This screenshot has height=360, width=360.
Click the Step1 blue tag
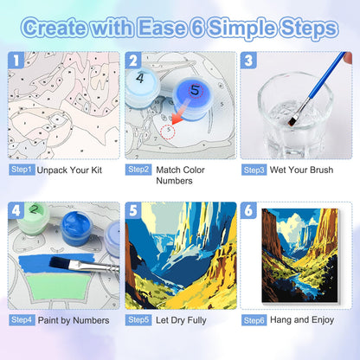pos(22,170)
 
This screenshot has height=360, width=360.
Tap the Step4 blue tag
pos(22,320)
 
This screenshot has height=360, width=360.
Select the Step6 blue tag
pos(254,320)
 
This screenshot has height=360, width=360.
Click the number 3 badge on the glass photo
pos(248,61)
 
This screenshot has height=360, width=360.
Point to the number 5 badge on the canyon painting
pos(133,210)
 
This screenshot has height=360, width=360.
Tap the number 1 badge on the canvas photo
pos(16,61)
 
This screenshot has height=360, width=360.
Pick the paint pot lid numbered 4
pos(141,79)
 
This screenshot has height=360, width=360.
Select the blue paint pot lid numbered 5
pos(193,91)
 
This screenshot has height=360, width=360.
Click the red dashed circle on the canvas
pos(169,132)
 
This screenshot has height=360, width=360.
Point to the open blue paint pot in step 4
pos(77,228)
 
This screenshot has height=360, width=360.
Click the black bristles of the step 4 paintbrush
pos(60,263)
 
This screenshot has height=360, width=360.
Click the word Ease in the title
pos(162,28)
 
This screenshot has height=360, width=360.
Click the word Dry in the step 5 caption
pos(178,320)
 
